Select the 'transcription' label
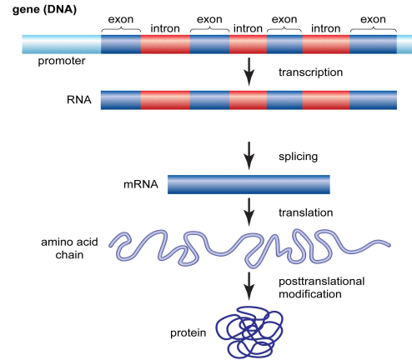(309, 73)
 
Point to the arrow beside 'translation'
(248, 213)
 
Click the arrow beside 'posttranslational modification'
(248, 288)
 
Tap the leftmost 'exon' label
(120, 18)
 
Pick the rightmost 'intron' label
(325, 28)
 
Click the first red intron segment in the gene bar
(165, 46)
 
